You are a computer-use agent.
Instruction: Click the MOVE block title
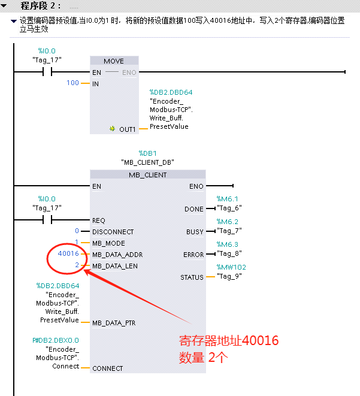(x=114, y=61)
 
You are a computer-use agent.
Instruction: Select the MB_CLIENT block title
(x=147, y=175)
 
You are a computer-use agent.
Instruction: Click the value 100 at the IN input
(x=72, y=83)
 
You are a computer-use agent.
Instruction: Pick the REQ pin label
(x=99, y=220)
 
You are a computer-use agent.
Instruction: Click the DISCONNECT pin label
(x=113, y=232)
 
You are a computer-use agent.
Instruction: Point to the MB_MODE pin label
(x=109, y=243)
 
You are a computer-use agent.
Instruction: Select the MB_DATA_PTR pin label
(x=114, y=323)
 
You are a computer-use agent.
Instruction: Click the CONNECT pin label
(x=107, y=368)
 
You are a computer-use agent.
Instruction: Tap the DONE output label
(x=195, y=209)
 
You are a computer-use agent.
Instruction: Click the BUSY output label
(x=195, y=232)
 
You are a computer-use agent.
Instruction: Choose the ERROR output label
(x=193, y=255)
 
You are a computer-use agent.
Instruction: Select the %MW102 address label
(x=231, y=267)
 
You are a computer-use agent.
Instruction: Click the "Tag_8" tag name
(x=228, y=253)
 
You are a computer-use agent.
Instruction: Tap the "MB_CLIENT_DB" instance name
(x=147, y=162)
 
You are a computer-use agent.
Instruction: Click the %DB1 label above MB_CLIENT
(x=147, y=153)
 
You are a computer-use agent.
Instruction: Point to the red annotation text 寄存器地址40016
(x=229, y=341)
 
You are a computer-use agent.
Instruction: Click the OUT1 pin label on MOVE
(x=127, y=129)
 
